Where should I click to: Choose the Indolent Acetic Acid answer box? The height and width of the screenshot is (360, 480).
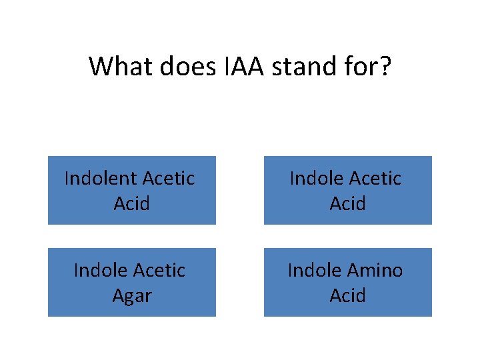[x=131, y=190]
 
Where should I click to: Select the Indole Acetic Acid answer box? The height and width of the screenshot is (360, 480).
[x=347, y=190]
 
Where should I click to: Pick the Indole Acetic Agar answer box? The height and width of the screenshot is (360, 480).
[x=131, y=282]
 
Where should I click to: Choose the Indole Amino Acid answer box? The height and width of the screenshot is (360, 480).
[x=347, y=282]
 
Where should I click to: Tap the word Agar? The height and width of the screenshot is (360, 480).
[x=131, y=295]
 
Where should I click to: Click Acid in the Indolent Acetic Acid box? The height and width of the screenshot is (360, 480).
[x=131, y=203]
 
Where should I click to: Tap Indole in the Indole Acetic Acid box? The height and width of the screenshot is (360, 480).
[x=315, y=179]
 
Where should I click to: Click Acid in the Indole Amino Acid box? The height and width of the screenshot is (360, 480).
[x=347, y=295]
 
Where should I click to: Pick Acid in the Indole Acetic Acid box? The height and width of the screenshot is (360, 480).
[x=347, y=203]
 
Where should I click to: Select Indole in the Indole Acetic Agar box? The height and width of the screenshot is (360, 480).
[x=100, y=271]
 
